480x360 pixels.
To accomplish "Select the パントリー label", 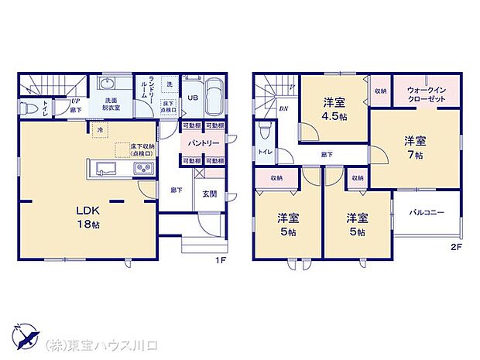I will [x=204, y=143].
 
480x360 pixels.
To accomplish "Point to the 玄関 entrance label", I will [x=210, y=194].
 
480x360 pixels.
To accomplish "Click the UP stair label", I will [x=75, y=101].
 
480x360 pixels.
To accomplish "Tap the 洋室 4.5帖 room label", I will [x=335, y=108].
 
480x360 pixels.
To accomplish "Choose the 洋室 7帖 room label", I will [x=415, y=147].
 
